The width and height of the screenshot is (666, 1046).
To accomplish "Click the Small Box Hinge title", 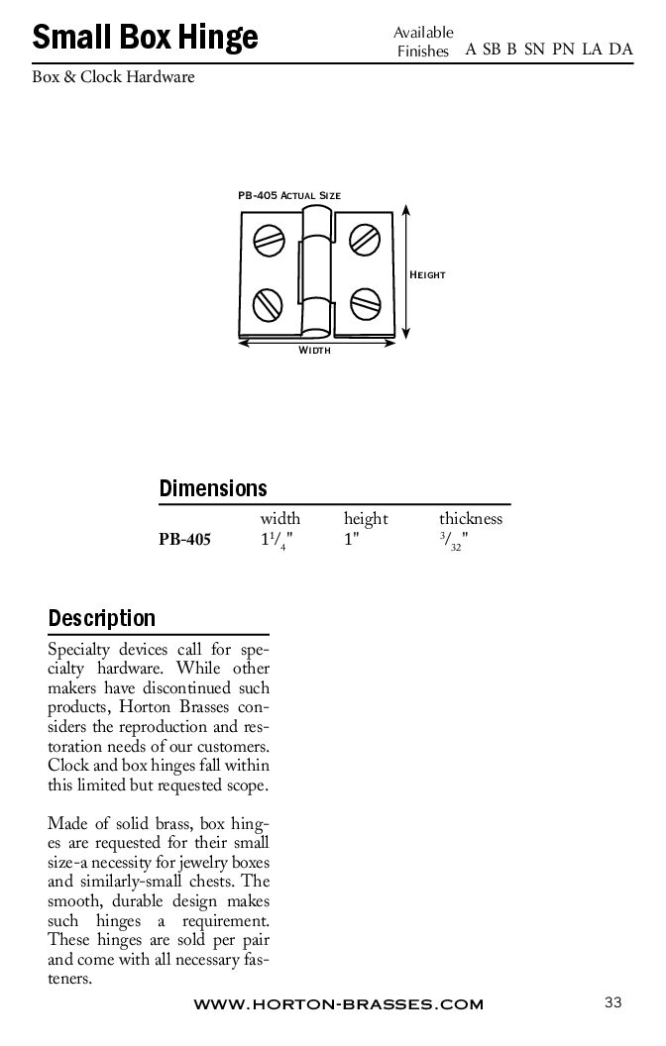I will coord(145,38).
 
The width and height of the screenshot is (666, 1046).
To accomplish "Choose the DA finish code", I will coord(621,51).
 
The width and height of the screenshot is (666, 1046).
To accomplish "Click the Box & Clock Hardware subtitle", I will coord(113,76).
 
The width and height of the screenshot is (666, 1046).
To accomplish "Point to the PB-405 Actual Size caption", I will coord(288,196).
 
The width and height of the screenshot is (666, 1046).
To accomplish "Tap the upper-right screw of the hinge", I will coord(365,239).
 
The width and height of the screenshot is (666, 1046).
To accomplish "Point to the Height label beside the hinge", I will coord(428,274).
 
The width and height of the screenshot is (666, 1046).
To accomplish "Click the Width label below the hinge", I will coord(314,351).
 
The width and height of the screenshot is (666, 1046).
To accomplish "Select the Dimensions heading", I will coord(213,488).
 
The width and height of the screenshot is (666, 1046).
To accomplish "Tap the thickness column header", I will coord(471,519).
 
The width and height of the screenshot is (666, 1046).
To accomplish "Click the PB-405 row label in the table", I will coord(184,541).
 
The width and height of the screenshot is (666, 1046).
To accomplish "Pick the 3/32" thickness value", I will coord(453,543).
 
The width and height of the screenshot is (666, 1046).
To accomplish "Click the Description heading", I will coord(102,618).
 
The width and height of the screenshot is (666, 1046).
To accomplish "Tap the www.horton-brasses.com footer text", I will coord(338,1004).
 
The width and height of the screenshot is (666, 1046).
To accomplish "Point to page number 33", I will coord(611,1002).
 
